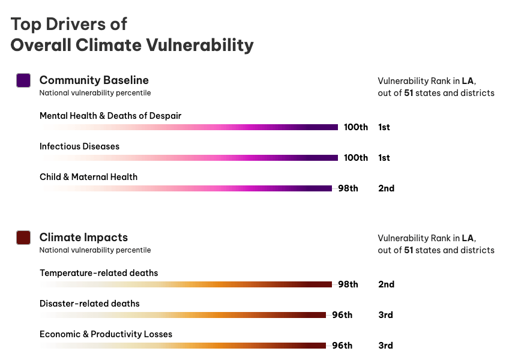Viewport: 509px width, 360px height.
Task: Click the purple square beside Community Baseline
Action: (23, 80)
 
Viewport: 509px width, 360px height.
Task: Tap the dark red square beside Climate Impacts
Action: (23, 238)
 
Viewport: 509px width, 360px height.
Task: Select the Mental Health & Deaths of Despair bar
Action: (189, 127)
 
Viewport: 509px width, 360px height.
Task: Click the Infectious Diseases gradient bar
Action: (189, 158)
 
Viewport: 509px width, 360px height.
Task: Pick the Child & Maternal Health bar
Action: (186, 188)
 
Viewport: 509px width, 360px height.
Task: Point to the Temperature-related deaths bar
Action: (186, 284)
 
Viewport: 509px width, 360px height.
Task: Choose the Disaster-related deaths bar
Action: (183, 315)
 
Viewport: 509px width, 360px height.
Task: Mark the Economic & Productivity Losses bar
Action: (183, 346)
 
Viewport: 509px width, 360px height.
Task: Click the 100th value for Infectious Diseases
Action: (356, 158)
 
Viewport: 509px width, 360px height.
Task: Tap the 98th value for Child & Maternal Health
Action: (348, 188)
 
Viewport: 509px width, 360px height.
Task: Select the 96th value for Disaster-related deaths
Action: (342, 315)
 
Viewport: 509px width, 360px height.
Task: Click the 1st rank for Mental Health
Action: (384, 127)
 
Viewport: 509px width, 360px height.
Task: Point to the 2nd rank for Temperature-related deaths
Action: (386, 284)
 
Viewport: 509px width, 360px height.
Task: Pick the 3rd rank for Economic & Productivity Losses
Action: (385, 346)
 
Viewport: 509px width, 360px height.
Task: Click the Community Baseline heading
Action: (94, 80)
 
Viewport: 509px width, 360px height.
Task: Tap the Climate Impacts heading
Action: (83, 238)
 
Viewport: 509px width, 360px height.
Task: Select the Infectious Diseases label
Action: (79, 146)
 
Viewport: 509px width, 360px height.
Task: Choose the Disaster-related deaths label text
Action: (89, 304)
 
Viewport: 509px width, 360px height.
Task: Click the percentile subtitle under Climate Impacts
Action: (95, 250)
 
